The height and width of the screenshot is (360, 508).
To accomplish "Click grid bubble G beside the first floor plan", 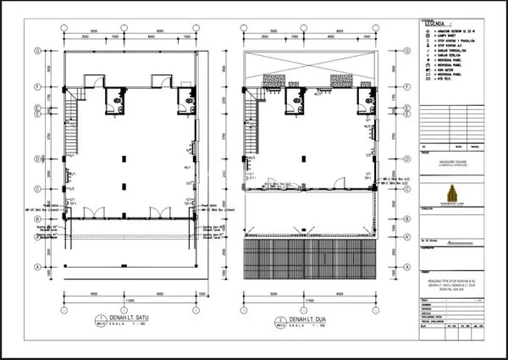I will coord(37,52).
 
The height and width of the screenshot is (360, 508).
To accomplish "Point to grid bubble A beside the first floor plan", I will coord(37,267).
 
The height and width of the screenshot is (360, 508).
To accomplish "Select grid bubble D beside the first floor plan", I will coord(37,158).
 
